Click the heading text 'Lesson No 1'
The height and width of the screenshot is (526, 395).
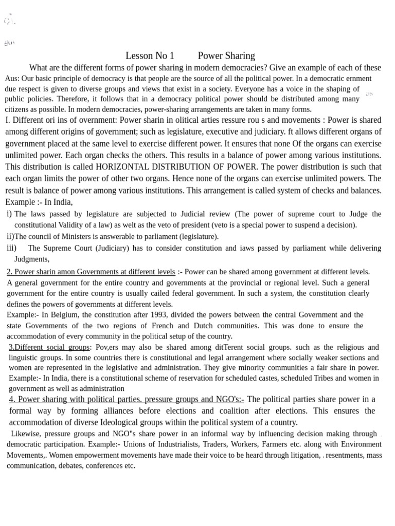[x=150, y=55]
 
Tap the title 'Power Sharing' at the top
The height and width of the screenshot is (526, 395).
[x=226, y=55]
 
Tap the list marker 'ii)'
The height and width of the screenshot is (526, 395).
[x=10, y=236]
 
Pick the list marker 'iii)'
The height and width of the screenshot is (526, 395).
[x=11, y=248]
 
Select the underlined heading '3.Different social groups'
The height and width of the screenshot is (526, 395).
[x=49, y=347]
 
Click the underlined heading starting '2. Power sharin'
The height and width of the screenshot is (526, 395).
[x=91, y=272]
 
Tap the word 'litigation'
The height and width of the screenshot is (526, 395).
[x=298, y=455]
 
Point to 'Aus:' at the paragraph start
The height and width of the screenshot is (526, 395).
[x=12, y=79]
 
